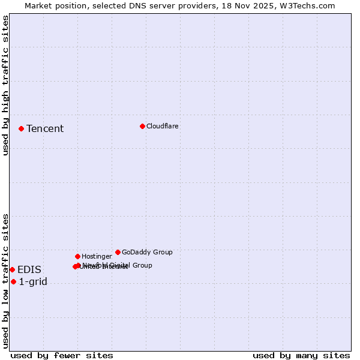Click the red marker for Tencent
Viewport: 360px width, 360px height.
(21, 128)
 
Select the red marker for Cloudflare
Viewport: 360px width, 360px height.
(142, 126)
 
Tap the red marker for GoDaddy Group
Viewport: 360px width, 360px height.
(118, 252)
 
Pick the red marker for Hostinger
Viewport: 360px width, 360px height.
(77, 256)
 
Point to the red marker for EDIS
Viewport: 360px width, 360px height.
(12, 269)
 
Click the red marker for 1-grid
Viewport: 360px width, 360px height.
(13, 281)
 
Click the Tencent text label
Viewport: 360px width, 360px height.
(45, 128)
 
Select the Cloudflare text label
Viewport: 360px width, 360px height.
(162, 126)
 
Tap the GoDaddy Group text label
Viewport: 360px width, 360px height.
(147, 252)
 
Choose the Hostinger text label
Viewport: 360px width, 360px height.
(97, 256)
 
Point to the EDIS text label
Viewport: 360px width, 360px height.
(29, 269)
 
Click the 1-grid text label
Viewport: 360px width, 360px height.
(33, 281)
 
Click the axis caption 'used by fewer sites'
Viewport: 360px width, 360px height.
(62, 355)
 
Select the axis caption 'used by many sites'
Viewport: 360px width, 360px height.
(301, 355)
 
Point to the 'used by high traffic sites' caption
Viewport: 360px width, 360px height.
(5, 85)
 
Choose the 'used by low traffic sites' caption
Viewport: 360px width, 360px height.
(5, 281)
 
